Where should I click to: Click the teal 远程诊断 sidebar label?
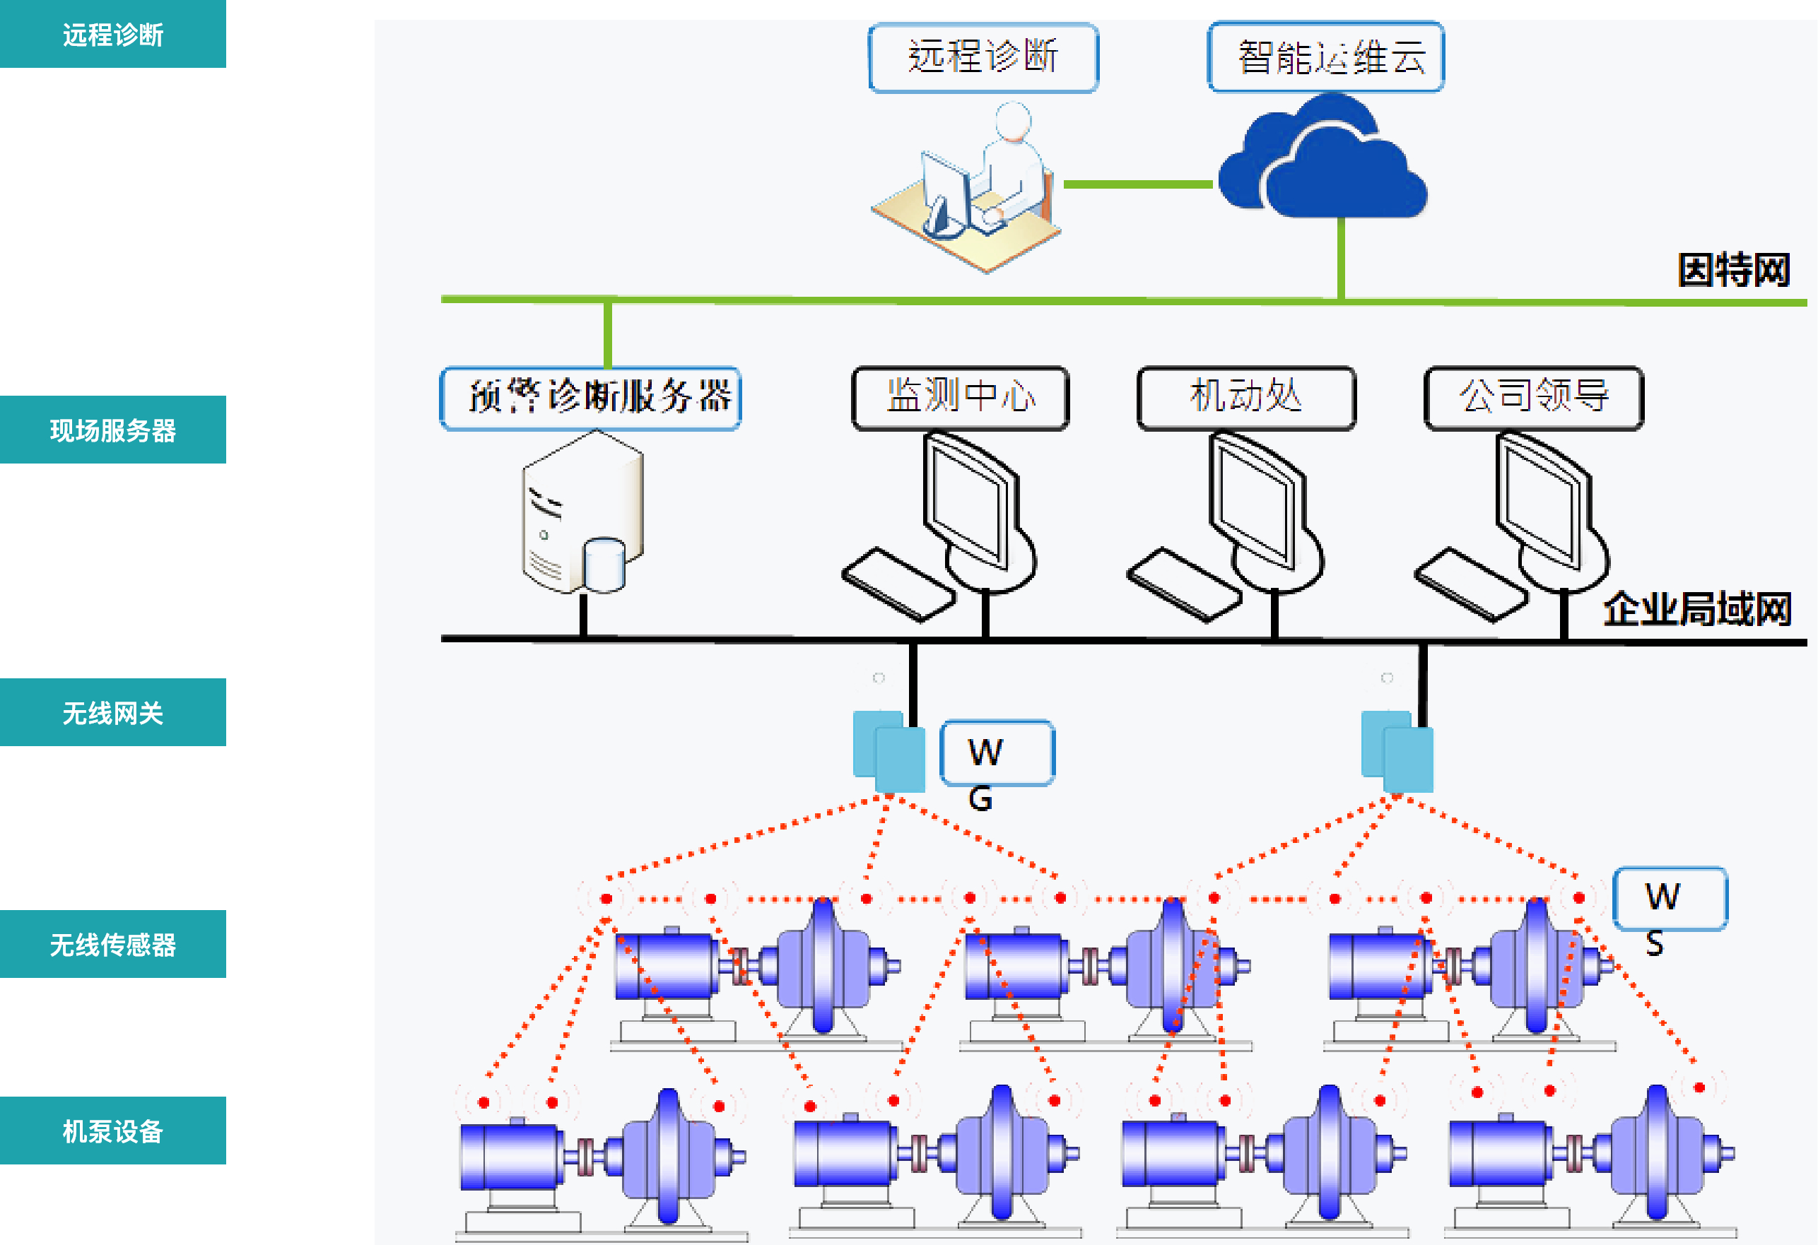(x=112, y=35)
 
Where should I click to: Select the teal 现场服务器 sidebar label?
(x=112, y=430)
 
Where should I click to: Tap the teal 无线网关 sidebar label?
(x=112, y=712)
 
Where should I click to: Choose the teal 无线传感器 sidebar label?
(x=112, y=944)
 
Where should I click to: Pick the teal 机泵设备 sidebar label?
(x=112, y=1131)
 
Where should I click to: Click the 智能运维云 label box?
(x=1326, y=57)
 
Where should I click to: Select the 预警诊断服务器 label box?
(x=591, y=398)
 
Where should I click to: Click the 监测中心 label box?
(x=961, y=398)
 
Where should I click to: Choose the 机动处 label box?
(x=1246, y=398)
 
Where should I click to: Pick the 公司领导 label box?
(x=1534, y=398)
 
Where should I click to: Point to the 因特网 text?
(x=1733, y=271)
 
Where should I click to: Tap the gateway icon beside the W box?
(x=889, y=751)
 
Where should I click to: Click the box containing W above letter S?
(x=1670, y=898)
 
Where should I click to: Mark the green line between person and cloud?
(x=1138, y=184)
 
